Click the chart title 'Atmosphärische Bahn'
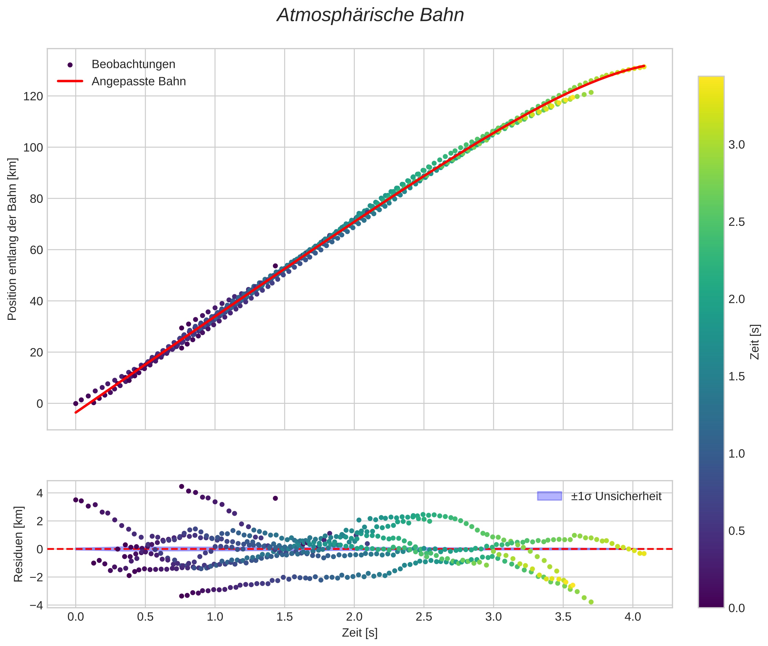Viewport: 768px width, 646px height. point(370,15)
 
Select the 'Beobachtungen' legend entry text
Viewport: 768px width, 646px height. point(133,64)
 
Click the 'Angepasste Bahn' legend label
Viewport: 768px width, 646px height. point(139,81)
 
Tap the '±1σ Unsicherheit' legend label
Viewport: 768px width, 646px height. point(616,496)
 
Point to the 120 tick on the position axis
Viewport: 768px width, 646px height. point(33,96)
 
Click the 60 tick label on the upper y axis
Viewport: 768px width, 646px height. point(33,250)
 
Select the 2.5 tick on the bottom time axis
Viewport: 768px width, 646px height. point(424,617)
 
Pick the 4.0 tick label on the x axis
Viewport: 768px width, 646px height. point(633,617)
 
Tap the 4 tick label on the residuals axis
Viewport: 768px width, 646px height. point(39,493)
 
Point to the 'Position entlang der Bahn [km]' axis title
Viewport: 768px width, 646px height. point(12,239)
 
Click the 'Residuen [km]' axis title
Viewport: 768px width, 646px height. point(18,544)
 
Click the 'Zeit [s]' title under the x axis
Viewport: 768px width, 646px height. point(359,633)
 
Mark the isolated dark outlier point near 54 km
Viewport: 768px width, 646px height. point(275,266)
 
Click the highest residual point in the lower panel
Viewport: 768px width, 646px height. point(181,486)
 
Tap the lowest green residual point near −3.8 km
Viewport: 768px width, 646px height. point(591,602)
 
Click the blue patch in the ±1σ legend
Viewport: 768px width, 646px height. point(549,496)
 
